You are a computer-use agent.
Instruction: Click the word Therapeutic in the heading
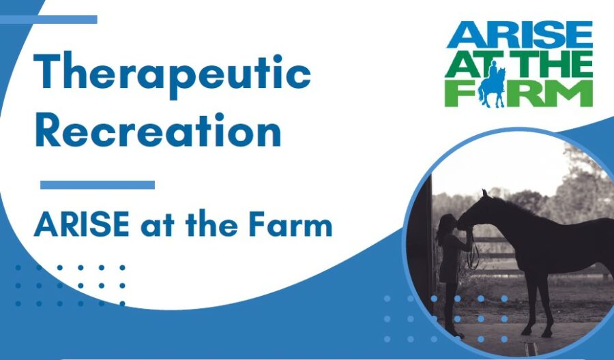coord(173,74)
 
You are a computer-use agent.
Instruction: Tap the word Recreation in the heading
coord(158,130)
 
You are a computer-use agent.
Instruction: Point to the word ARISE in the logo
coord(520,35)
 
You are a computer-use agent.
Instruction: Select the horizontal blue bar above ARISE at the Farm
coord(98,185)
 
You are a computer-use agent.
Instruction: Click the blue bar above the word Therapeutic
coord(48,19)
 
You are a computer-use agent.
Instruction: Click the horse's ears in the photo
coord(485,193)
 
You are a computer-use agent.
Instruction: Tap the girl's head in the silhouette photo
coord(446,224)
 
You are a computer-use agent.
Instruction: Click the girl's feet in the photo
coord(454,334)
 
